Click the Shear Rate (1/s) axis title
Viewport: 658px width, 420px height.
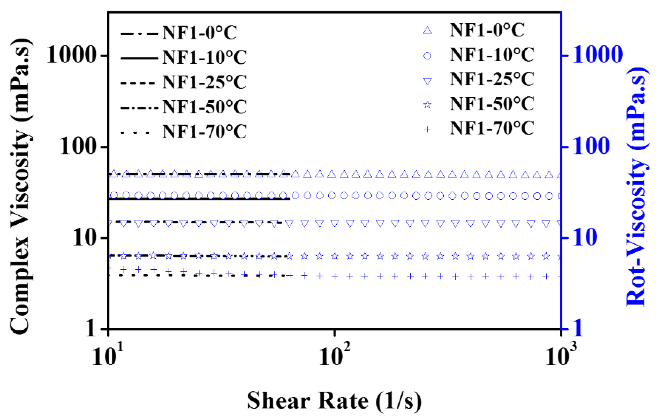334,401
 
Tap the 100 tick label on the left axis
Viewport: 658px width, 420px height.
79,147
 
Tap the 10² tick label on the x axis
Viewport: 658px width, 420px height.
335,356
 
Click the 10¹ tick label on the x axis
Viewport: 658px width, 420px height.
108,356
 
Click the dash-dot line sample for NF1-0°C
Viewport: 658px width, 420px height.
139,34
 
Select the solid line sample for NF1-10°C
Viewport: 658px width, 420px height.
139,58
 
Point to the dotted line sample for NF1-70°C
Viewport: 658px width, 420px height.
135,133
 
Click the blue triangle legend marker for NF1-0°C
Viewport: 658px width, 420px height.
427,30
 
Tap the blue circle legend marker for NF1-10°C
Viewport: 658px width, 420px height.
427,56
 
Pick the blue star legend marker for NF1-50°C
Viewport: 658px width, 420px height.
427,104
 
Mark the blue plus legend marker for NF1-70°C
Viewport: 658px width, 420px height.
427,129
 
